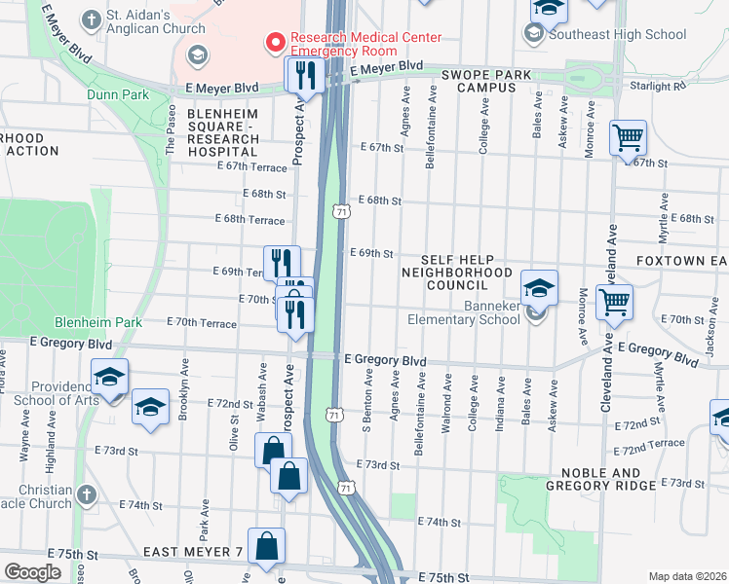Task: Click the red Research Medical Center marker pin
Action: pos(276,43)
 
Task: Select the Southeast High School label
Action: pos(618,34)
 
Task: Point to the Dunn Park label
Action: pos(117,94)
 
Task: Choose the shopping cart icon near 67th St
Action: pos(628,137)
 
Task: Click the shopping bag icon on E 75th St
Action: pos(266,548)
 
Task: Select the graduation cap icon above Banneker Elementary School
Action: pos(538,287)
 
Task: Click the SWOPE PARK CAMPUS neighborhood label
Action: pos(486,82)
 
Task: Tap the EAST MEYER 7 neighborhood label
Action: pos(192,552)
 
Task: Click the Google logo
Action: pos(33,572)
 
